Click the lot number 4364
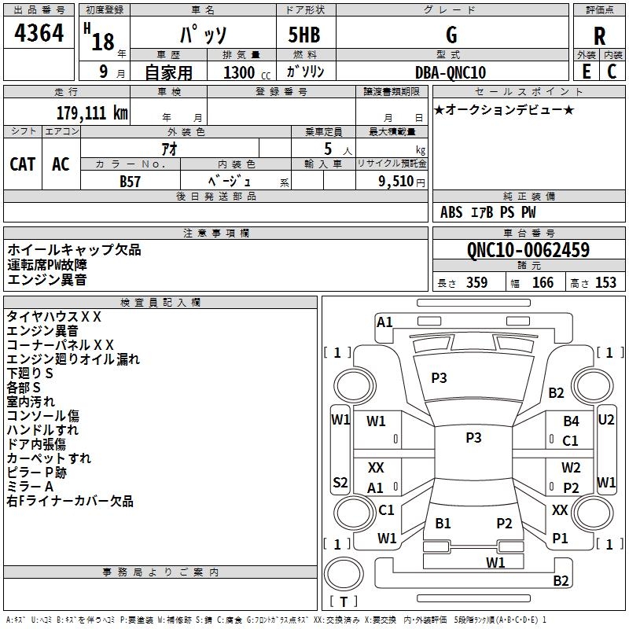click(39, 35)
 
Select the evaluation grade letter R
click(599, 36)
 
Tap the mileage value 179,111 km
click(92, 112)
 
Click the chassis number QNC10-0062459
click(528, 251)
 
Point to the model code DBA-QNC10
click(451, 72)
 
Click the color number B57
click(131, 181)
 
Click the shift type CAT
click(23, 164)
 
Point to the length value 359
click(476, 283)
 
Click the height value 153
click(605, 283)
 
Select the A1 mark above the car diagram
click(384, 322)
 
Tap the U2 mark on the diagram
click(606, 420)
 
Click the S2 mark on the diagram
click(340, 482)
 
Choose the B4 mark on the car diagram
click(571, 421)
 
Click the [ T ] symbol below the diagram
click(344, 602)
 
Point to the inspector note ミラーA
click(30, 487)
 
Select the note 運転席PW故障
click(47, 264)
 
